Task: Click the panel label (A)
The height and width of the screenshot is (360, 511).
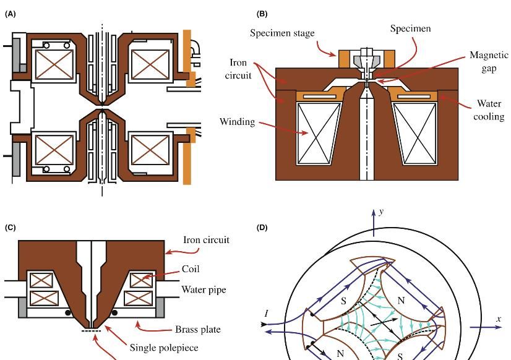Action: pyautogui.click(x=10, y=14)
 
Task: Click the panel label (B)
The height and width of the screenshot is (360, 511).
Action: pyautogui.click(x=262, y=14)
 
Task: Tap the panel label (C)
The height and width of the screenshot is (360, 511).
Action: pyautogui.click(x=10, y=228)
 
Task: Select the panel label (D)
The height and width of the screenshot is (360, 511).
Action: pyautogui.click(x=262, y=228)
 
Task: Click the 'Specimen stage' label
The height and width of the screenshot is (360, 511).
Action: pyautogui.click(x=282, y=33)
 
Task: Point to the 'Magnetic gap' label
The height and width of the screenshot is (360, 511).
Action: pyautogui.click(x=489, y=61)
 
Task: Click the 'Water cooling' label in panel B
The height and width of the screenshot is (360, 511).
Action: pyautogui.click(x=489, y=109)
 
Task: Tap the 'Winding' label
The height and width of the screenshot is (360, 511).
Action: pyautogui.click(x=237, y=121)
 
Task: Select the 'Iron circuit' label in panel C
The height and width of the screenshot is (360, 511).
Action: pyautogui.click(x=206, y=240)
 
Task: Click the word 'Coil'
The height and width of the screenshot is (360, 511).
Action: pyautogui.click(x=190, y=269)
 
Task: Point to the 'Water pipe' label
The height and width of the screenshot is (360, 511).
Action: pyautogui.click(x=204, y=289)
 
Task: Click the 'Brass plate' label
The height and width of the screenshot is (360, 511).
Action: pyautogui.click(x=198, y=329)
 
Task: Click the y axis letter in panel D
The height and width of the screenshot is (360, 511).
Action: pyautogui.click(x=382, y=212)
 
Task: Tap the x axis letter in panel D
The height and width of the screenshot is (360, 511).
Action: pyautogui.click(x=499, y=319)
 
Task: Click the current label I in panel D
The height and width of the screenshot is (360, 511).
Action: pyautogui.click(x=267, y=314)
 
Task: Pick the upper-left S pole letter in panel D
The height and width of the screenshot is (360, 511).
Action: pyautogui.click(x=344, y=301)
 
